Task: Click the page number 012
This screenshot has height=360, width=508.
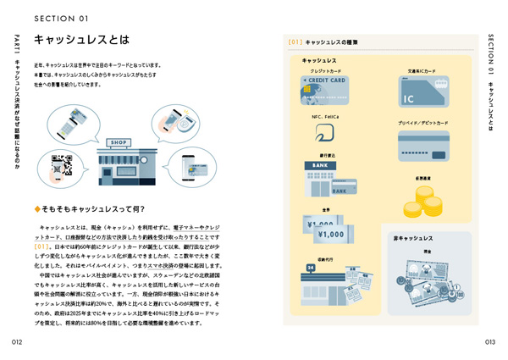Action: point(16,342)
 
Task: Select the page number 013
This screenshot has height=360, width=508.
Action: point(490,342)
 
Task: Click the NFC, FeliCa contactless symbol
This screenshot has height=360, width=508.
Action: point(323,134)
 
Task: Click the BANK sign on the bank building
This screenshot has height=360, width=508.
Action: point(320,164)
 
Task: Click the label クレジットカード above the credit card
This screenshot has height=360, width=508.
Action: point(323,71)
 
